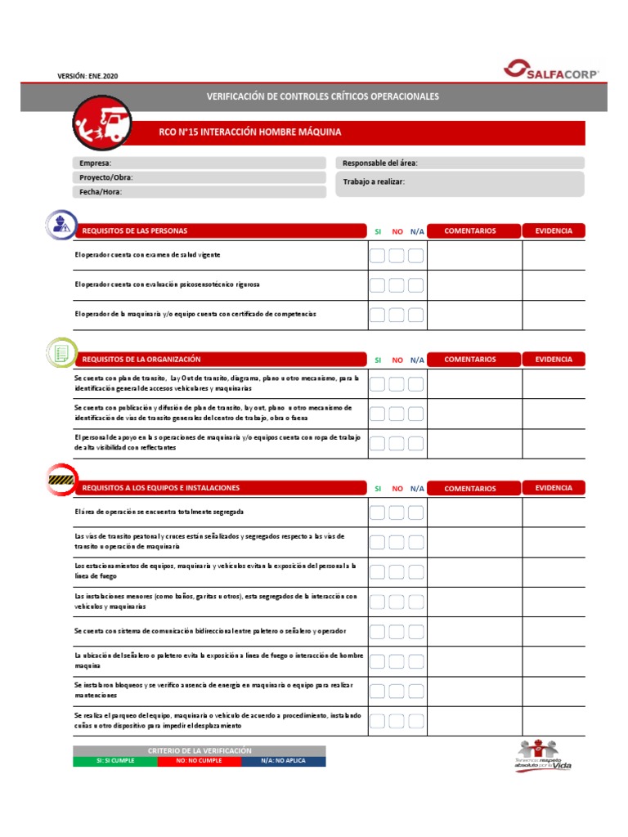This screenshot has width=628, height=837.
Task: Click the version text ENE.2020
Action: pos(92,76)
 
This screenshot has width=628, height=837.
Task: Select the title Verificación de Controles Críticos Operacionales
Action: pos(323,96)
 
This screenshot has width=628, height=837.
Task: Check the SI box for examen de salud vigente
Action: pos(377,256)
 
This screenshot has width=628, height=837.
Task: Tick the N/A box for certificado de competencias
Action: pos(415,315)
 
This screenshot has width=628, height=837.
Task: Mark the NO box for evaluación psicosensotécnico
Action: pos(397,285)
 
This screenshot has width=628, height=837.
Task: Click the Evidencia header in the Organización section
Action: pos(554,359)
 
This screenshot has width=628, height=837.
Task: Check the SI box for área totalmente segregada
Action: pos(377,512)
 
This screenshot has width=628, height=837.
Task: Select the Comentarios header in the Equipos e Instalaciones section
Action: pos(469,488)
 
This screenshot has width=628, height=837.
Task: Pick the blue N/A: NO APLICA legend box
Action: pos(283,761)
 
